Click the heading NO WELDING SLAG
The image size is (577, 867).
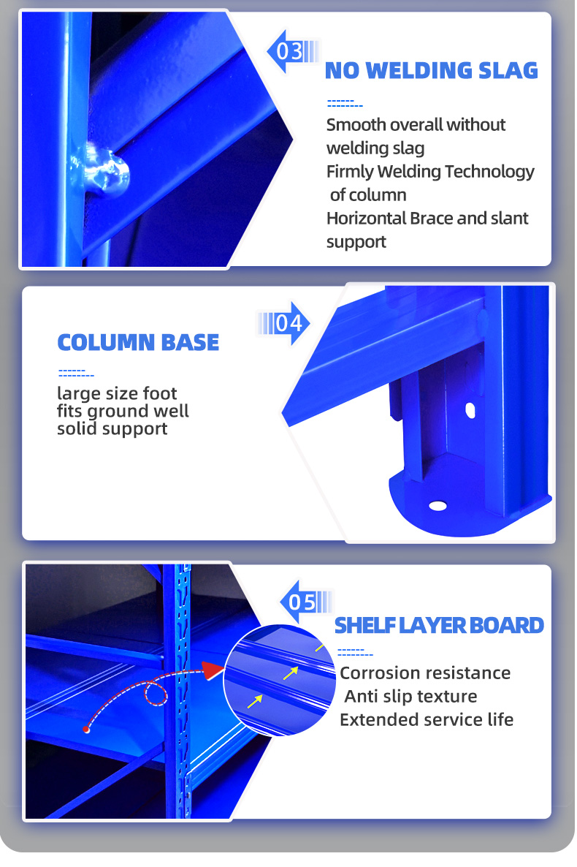click(431, 71)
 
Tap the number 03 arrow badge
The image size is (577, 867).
click(293, 51)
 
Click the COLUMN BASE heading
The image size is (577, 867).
click(138, 343)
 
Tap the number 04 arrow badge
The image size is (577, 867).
click(283, 323)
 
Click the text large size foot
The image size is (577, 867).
click(117, 394)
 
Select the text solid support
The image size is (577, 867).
click(112, 430)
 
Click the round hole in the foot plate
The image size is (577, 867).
click(437, 506)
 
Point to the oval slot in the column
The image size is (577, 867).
click(470, 410)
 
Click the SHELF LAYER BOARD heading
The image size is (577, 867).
click(440, 625)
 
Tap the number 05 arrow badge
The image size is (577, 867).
click(306, 602)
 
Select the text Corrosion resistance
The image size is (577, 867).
click(425, 673)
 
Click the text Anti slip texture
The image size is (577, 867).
click(410, 696)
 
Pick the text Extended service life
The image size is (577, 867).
click(427, 720)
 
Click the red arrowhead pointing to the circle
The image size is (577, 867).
click(213, 670)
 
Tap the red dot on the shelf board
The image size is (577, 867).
click(86, 730)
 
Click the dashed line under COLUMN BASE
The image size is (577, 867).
click(76, 374)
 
